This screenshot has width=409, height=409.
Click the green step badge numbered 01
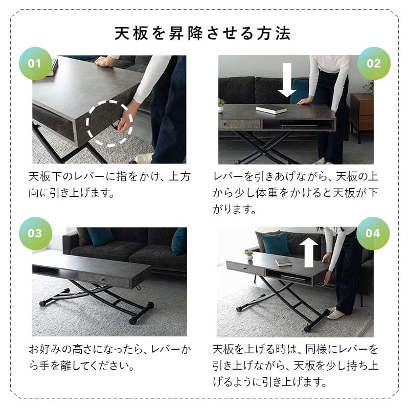(x=34, y=64)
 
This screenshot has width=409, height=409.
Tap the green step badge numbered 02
(x=374, y=64)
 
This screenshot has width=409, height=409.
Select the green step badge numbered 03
(x=34, y=234)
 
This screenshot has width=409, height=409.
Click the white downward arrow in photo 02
(x=287, y=80)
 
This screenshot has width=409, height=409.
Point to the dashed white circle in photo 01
(x=109, y=121)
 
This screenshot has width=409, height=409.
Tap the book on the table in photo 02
(x=271, y=109)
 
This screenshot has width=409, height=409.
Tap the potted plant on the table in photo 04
(x=249, y=254)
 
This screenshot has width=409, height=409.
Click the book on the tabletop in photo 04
(x=283, y=262)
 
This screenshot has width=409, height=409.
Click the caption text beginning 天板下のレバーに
(x=109, y=186)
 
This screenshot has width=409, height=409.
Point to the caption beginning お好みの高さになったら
(x=109, y=358)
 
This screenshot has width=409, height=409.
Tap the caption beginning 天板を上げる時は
(x=295, y=366)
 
